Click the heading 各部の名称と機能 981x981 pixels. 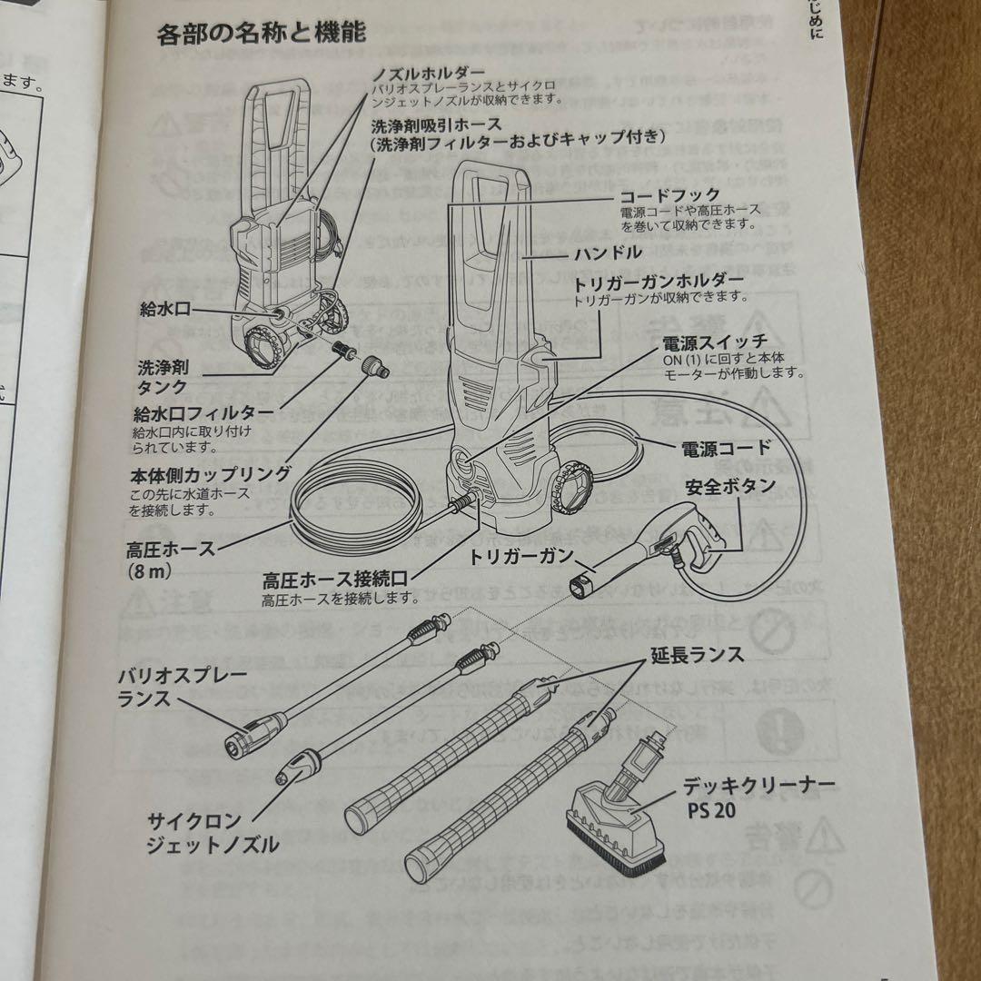[262, 35]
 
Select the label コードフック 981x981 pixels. [669, 195]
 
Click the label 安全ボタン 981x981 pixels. [730, 485]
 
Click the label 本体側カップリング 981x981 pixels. [210, 473]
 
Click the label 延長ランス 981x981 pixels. [697, 654]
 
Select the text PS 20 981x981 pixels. [713, 810]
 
